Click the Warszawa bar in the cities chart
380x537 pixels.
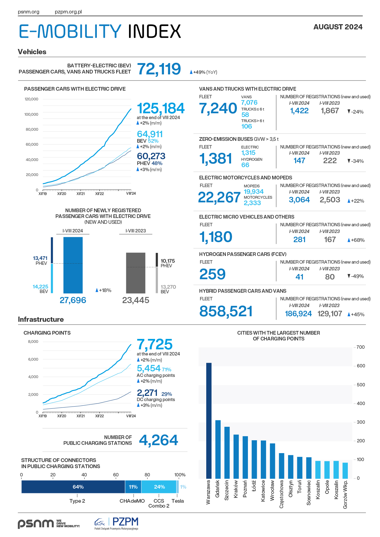coord(209,421)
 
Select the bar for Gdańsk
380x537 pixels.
coord(218,449)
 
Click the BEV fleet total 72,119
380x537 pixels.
coord(159,69)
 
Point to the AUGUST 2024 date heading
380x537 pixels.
coord(338,27)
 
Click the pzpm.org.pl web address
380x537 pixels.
coord(68,12)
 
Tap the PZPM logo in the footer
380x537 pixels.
coord(116,524)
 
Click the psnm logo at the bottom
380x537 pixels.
coord(49,524)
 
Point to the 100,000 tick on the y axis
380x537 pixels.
coord(31,114)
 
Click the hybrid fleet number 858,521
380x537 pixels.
coord(226,311)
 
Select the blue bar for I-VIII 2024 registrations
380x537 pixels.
coord(73,265)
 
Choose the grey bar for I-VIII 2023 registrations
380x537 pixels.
coord(136,273)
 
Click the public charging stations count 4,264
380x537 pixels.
coord(158,440)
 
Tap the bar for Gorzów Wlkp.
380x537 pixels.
coord(345,471)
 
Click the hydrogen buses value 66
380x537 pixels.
coord(245,165)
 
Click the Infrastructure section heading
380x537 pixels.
coord(41,319)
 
